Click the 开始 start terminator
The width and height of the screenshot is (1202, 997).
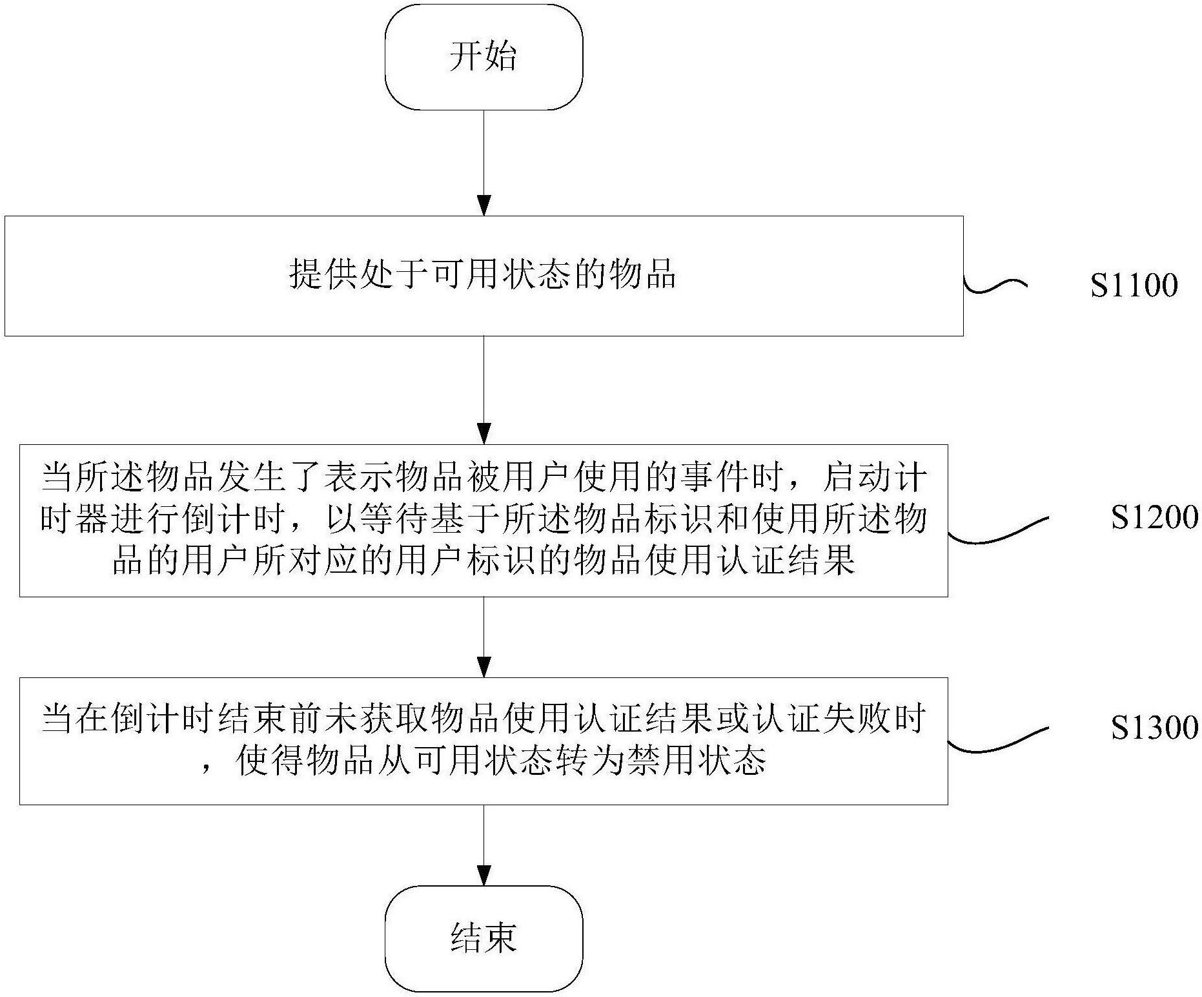pyautogui.click(x=484, y=57)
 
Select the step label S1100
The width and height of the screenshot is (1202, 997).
pyautogui.click(x=1134, y=286)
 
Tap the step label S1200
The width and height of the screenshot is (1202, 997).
pyautogui.click(x=1154, y=518)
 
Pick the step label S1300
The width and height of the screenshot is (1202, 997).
pyautogui.click(x=1154, y=728)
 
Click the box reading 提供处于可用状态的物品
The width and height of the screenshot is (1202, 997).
pyautogui.click(x=484, y=276)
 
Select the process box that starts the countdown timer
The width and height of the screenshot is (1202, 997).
pyautogui.click(x=484, y=520)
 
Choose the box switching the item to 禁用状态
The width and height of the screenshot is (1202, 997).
pyautogui.click(x=484, y=741)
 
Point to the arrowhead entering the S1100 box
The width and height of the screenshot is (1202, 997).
pyautogui.click(x=484, y=206)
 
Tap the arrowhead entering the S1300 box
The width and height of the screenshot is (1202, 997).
pyautogui.click(x=484, y=667)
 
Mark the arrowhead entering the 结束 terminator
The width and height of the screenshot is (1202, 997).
pyautogui.click(x=484, y=876)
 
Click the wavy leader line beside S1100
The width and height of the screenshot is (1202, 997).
pyautogui.click(x=994, y=286)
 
